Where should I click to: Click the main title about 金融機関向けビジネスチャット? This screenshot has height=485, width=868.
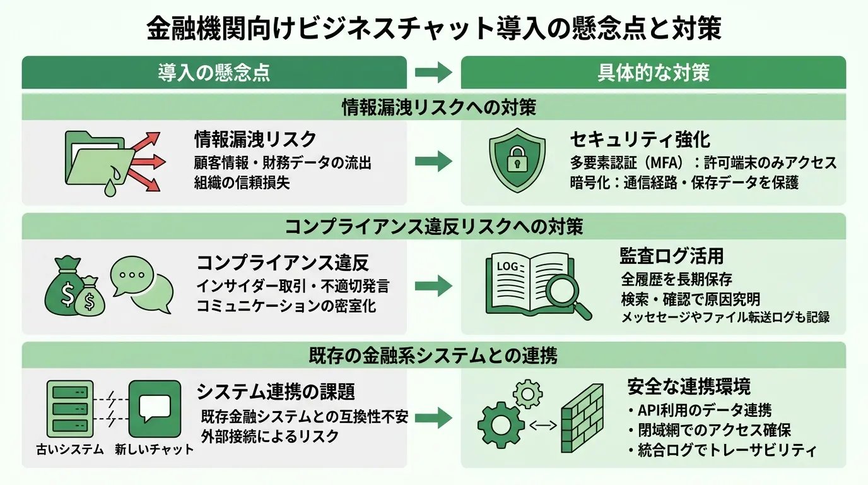pyautogui.click(x=433, y=28)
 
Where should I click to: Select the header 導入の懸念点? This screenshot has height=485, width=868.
pyautogui.click(x=214, y=73)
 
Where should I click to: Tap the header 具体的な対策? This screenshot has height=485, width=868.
pyautogui.click(x=653, y=73)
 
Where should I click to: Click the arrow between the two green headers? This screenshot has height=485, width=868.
pyautogui.click(x=434, y=73)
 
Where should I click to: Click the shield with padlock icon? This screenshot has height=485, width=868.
pyautogui.click(x=517, y=162)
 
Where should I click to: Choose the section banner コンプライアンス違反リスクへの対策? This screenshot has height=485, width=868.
pyautogui.click(x=434, y=227)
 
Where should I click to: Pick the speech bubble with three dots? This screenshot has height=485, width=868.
pyautogui.click(x=132, y=275)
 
